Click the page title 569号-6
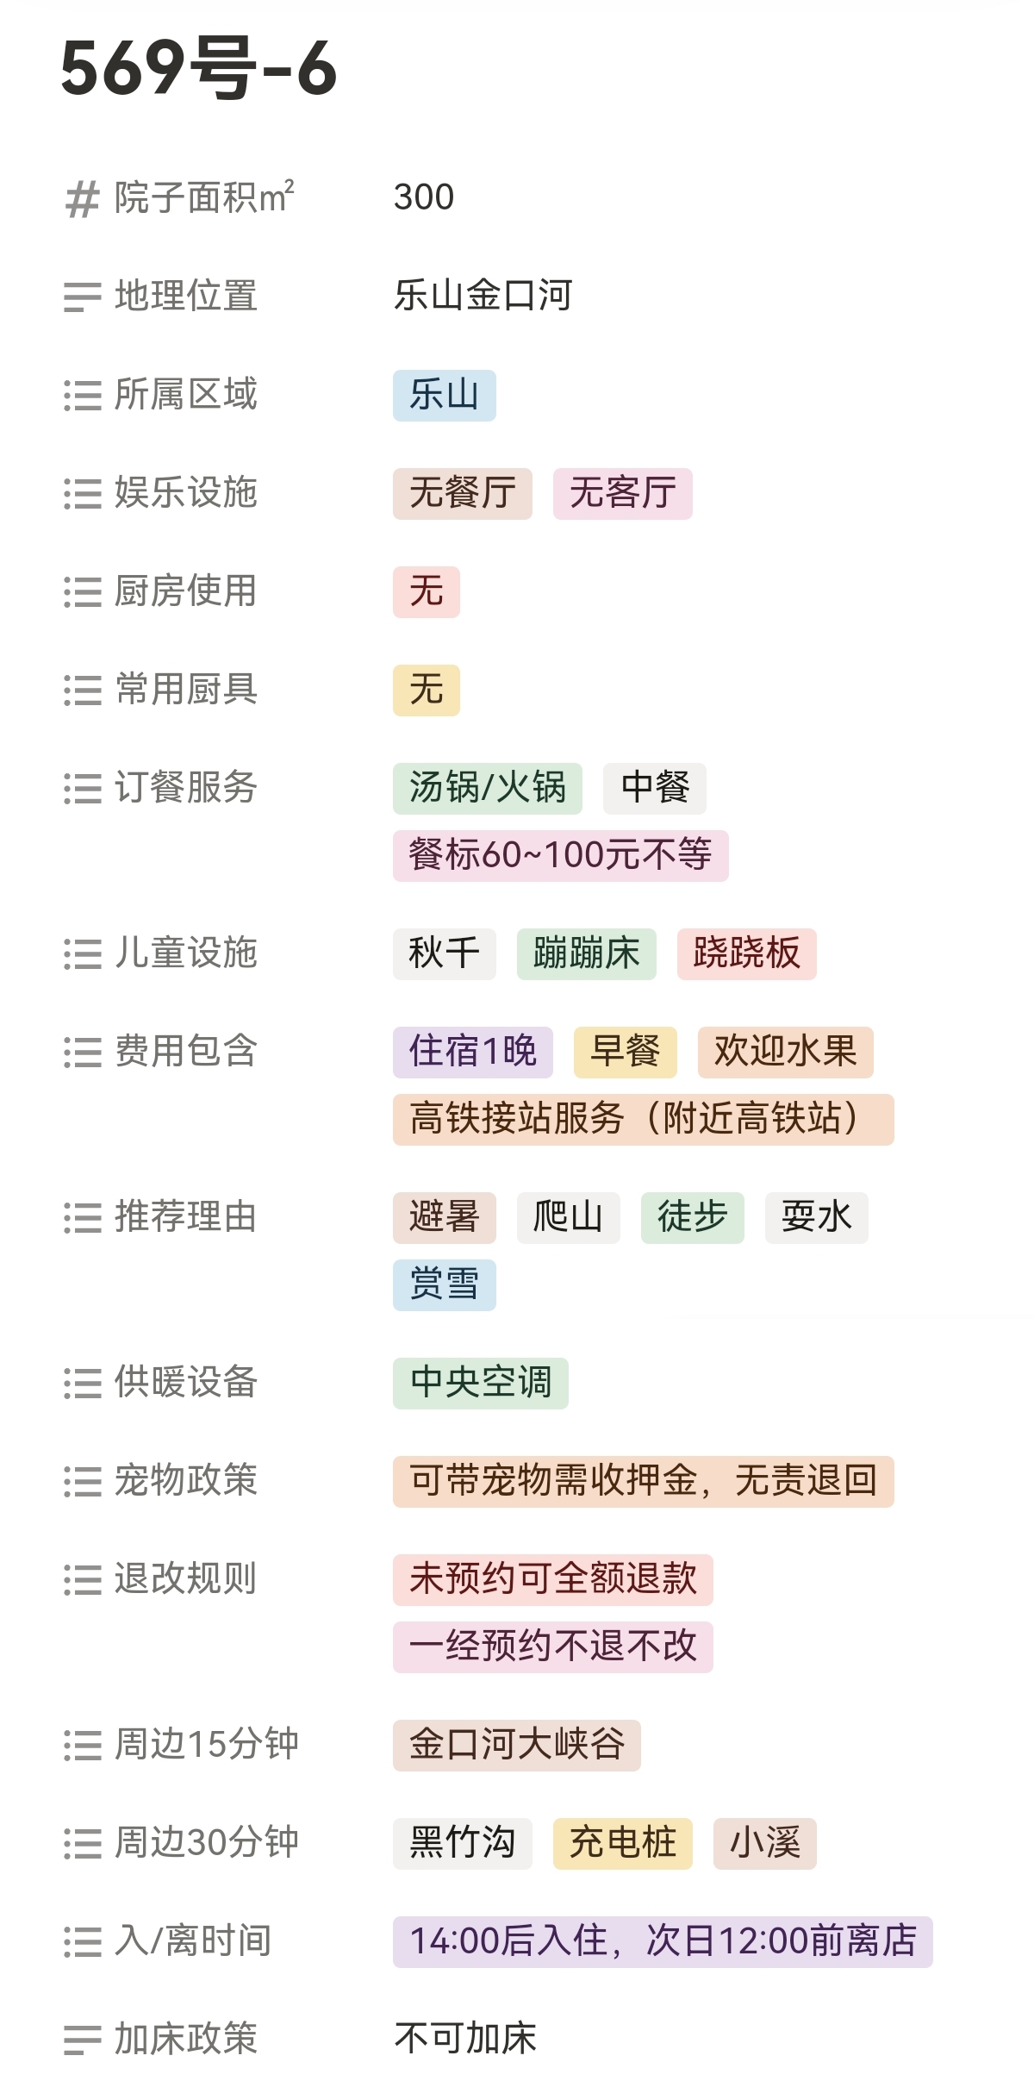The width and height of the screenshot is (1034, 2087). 198,67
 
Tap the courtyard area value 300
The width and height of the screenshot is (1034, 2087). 423,197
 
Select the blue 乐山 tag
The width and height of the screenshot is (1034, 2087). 444,396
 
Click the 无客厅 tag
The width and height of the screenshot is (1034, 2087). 622,494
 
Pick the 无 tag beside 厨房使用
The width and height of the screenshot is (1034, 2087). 426,592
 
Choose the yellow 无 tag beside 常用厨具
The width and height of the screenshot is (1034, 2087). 426,690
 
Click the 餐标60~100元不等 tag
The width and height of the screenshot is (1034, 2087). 560,856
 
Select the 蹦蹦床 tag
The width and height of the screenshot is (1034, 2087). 586,954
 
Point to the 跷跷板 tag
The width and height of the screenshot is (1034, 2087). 746,954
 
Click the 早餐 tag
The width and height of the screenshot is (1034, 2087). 625,1053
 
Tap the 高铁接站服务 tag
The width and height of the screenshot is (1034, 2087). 643,1120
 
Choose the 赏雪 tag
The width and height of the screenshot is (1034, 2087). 444,1285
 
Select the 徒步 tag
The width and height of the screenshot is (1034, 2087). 692,1218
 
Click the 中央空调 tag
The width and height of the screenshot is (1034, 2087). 480,1384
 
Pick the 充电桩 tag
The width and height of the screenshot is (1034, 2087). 622,1844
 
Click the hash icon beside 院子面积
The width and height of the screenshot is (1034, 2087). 83,199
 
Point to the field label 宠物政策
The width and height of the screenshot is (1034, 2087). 186,1482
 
